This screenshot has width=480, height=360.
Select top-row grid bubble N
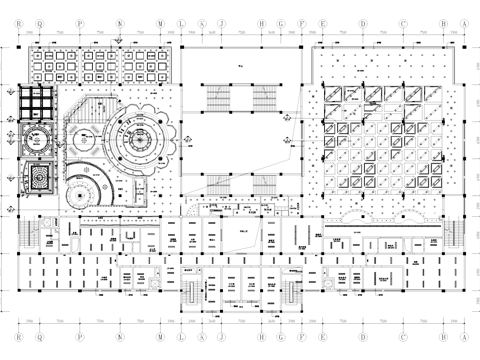(120, 20)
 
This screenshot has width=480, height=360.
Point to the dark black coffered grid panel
(38, 105)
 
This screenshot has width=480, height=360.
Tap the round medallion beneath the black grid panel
(38, 141)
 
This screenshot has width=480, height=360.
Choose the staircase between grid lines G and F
(291, 291)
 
